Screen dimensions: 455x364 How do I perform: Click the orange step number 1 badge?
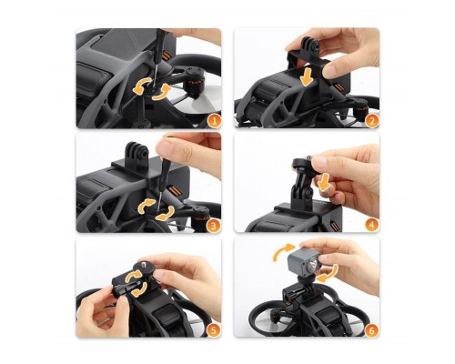(x=214, y=121)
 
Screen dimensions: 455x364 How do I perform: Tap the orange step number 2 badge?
(x=372, y=121)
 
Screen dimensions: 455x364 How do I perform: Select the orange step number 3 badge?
(x=214, y=226)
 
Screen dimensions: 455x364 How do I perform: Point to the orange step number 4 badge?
(x=372, y=225)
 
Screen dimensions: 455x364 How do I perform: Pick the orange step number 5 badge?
(x=214, y=329)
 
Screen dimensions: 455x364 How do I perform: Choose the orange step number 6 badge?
(x=372, y=330)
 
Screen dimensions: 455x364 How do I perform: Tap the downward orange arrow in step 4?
(x=325, y=183)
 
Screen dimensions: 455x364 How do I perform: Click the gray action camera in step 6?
(x=303, y=259)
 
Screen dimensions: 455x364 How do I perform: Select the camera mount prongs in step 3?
(x=137, y=153)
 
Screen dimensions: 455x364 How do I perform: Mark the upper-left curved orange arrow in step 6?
(x=283, y=251)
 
